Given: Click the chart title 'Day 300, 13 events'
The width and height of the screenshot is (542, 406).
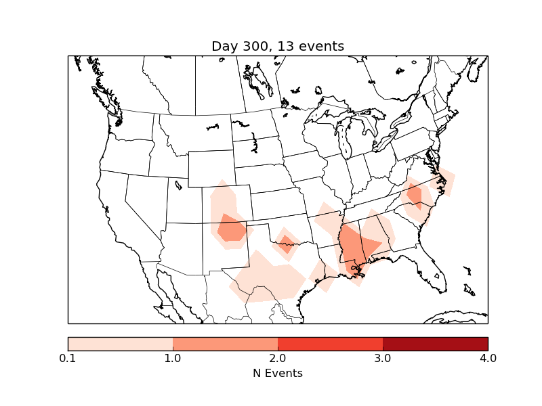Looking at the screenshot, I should point(278,46).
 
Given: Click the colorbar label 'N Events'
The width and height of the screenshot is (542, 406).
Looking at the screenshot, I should point(278,373).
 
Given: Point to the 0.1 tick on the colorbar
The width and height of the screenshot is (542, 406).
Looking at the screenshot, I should point(68,358).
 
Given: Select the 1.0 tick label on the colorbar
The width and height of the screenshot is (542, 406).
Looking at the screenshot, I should point(173,358).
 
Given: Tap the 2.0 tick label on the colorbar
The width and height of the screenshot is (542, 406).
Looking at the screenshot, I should point(278,358).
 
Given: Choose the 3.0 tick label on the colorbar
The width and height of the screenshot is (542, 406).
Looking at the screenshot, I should point(383,358).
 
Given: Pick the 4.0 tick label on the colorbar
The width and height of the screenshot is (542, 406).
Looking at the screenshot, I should point(488,358).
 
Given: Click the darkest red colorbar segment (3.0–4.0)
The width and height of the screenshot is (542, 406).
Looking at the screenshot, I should point(435,343).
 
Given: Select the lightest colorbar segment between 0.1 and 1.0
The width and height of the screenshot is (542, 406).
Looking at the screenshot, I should point(120,343).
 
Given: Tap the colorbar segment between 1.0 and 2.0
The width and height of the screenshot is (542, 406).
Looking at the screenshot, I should point(225,343).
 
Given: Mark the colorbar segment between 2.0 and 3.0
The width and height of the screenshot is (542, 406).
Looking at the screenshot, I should point(330,343).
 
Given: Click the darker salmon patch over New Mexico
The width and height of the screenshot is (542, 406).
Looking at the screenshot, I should point(232,229).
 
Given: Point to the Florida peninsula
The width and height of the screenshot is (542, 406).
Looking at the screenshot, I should point(434,267).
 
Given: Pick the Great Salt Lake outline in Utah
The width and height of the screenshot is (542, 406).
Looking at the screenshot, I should point(178,183).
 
